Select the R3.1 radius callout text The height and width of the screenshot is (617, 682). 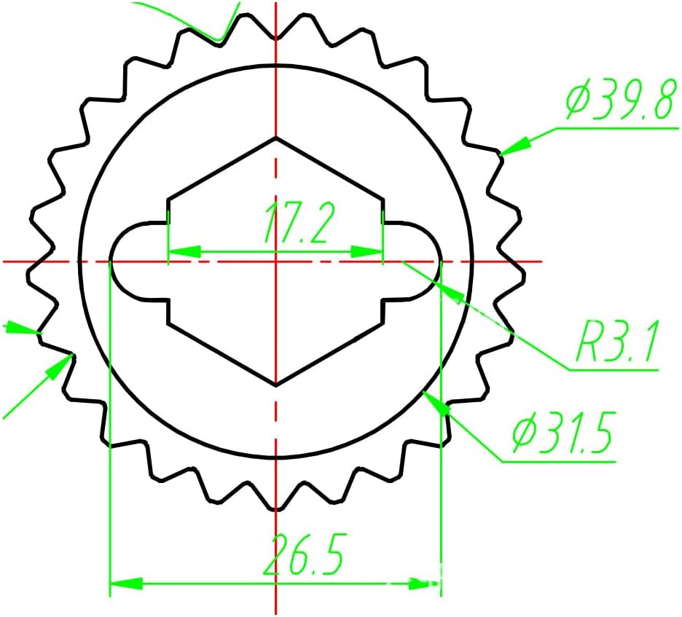click(x=616, y=342)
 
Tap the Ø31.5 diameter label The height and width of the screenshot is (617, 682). click(x=564, y=432)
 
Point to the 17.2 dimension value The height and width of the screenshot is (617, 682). click(x=300, y=222)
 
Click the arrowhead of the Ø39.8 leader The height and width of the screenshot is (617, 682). click(x=515, y=146)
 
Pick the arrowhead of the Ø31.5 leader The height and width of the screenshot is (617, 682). click(x=437, y=403)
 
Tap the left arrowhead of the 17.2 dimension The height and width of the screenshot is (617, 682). click(x=184, y=251)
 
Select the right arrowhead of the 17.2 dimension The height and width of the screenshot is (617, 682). click(x=367, y=251)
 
